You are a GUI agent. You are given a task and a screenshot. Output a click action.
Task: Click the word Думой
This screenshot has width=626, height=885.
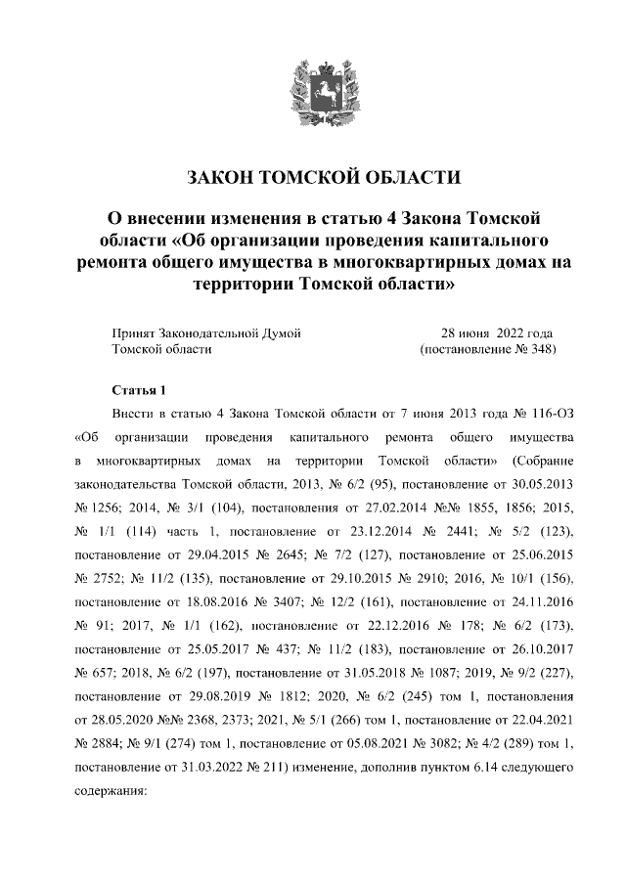[281, 332]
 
